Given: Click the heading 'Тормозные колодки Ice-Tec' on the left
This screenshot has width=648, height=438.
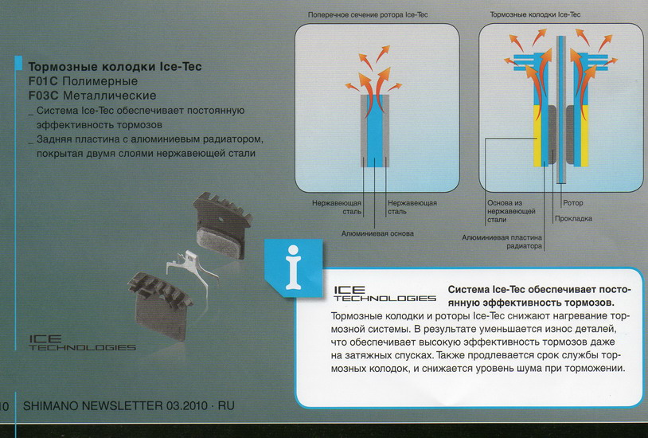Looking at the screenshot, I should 115,67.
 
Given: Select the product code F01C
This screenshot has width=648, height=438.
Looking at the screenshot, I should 45,81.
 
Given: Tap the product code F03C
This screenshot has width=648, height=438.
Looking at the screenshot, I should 45,96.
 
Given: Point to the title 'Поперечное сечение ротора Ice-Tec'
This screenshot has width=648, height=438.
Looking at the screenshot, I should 368,14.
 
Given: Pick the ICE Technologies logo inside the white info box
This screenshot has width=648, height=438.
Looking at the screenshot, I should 384,294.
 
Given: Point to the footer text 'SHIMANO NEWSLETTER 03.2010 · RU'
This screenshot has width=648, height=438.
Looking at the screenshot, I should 128,406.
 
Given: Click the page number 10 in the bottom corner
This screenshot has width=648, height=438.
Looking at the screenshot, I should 4,406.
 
